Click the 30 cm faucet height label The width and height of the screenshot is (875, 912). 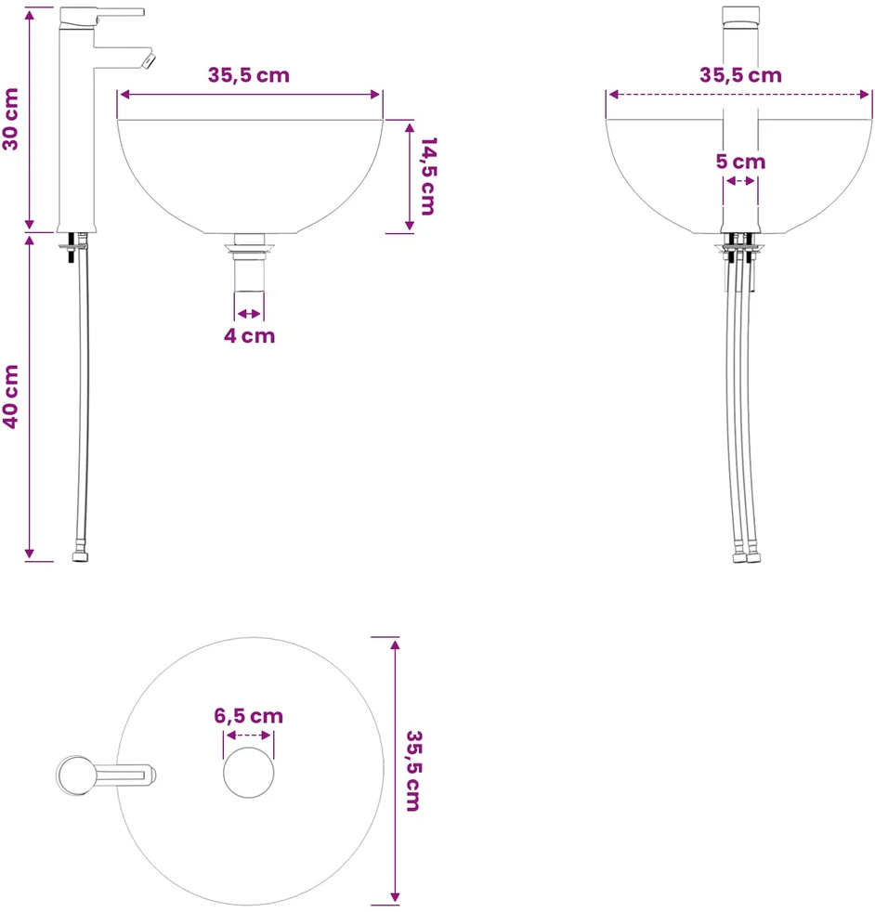tap(11, 119)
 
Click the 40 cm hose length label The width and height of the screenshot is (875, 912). tap(11, 397)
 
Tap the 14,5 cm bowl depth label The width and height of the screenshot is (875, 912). tap(428, 176)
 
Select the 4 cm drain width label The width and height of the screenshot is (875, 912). tap(250, 335)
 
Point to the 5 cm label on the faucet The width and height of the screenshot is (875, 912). tap(740, 161)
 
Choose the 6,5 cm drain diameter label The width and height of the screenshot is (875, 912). tap(248, 715)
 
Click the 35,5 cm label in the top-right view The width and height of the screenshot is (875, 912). tap(740, 75)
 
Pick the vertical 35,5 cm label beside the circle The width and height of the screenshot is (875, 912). tap(413, 771)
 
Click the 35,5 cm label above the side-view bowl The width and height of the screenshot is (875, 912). tap(249, 75)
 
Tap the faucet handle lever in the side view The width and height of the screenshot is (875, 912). tap(120, 12)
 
